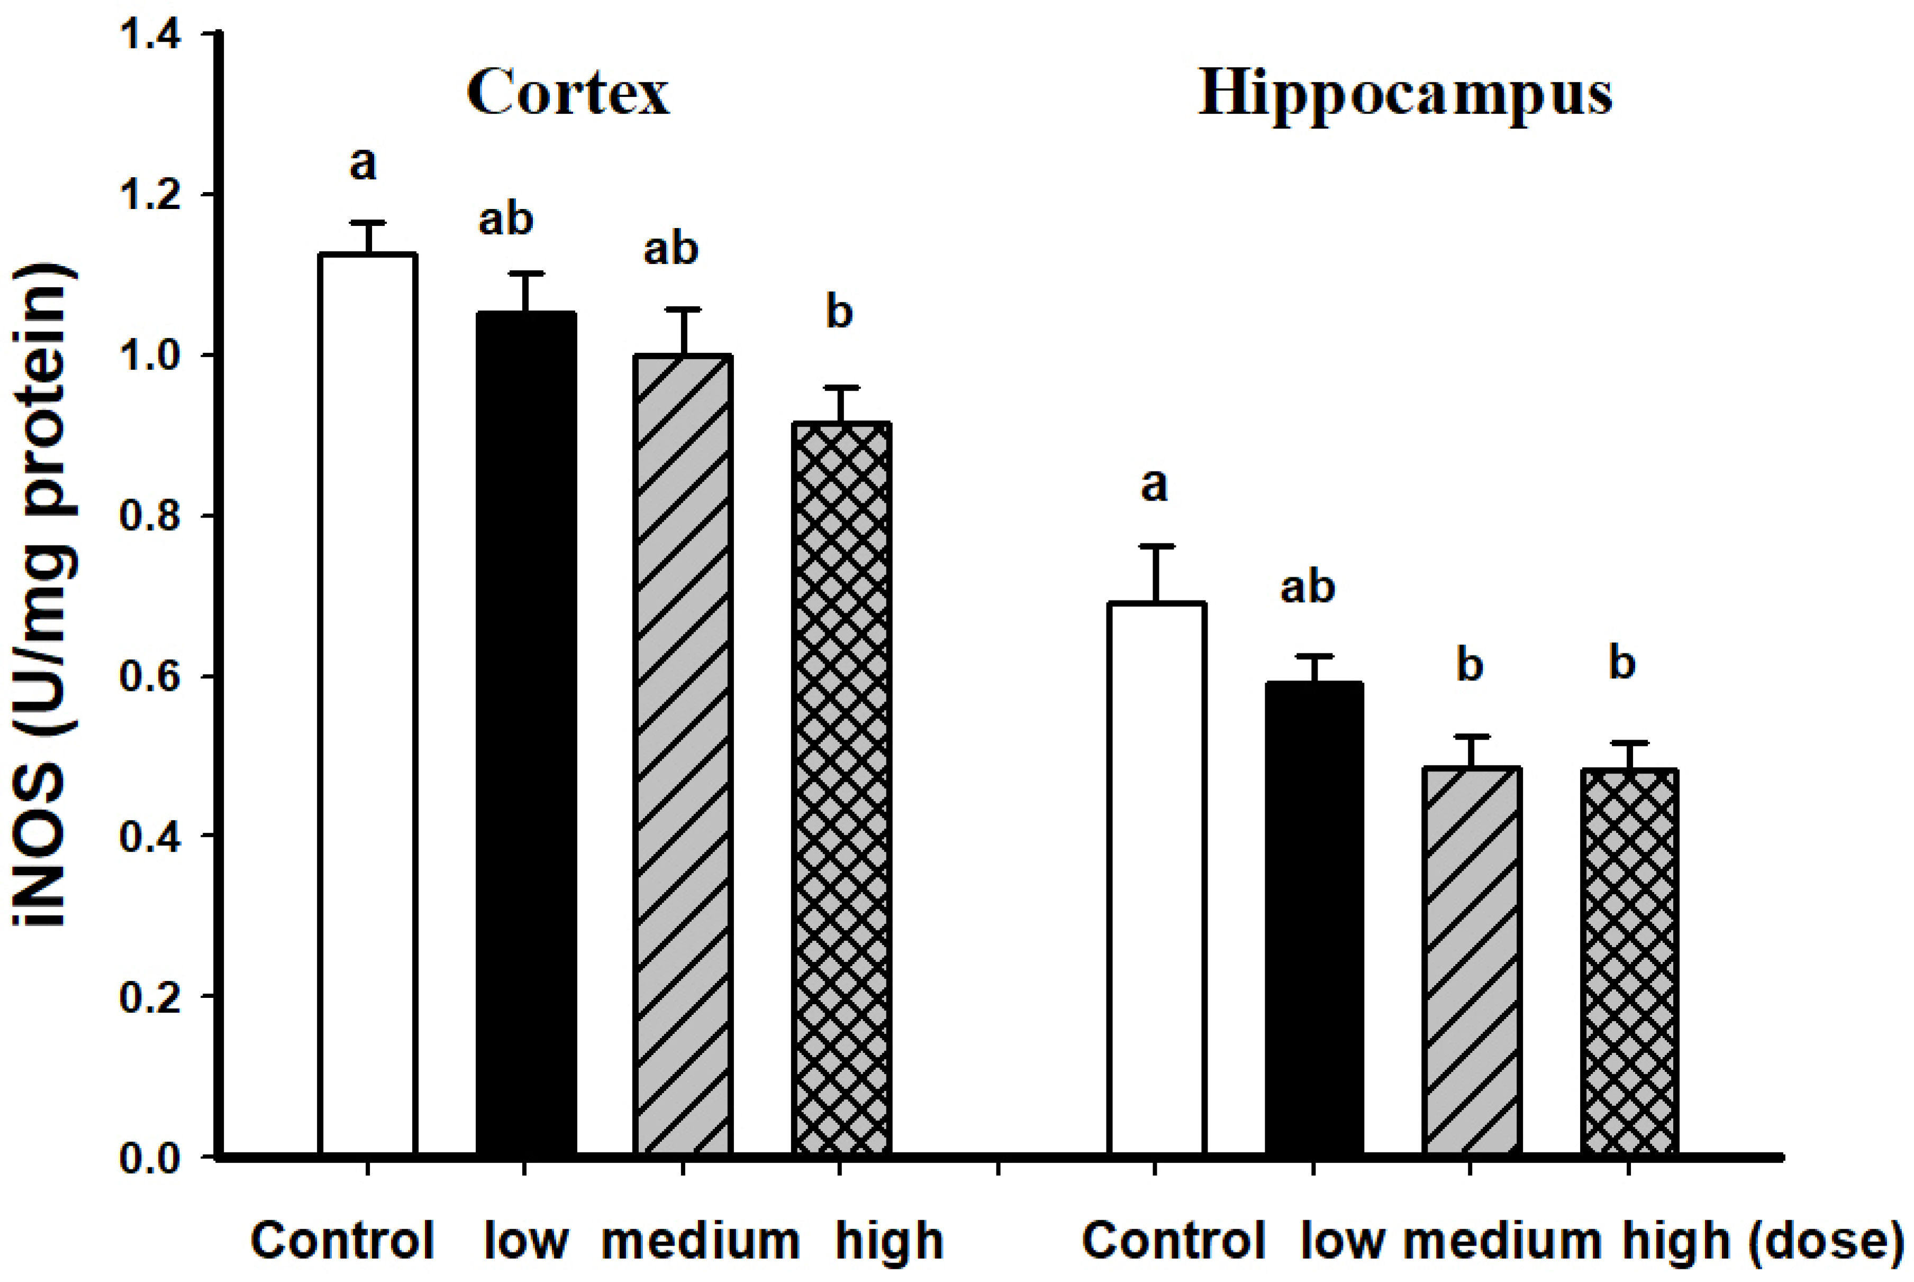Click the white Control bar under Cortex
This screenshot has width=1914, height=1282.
[x=368, y=703]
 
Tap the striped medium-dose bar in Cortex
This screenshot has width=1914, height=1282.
[x=683, y=752]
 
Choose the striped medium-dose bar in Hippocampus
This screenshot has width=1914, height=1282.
[x=1471, y=961]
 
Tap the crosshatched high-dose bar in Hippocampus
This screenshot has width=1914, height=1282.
[x=1629, y=961]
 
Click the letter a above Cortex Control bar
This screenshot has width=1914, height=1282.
[x=363, y=163]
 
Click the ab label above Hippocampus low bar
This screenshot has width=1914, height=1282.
[x=1308, y=587]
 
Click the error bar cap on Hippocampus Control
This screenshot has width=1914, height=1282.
[x=1156, y=545]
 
